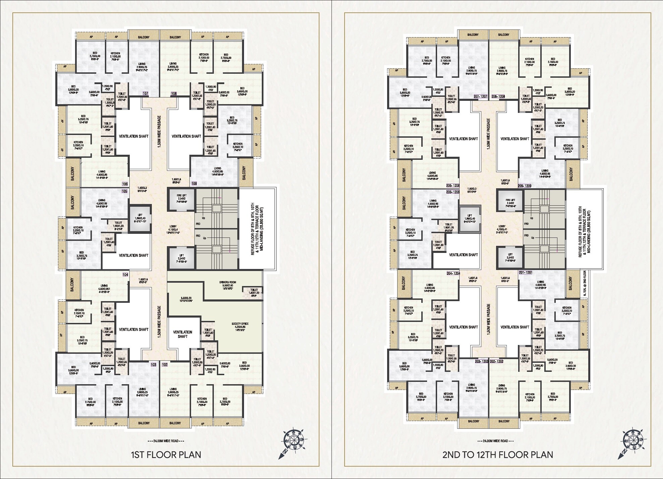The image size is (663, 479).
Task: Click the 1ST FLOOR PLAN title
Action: tap(166, 455)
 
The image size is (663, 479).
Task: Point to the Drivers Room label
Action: tap(228, 282)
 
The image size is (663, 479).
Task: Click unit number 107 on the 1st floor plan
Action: tap(145, 93)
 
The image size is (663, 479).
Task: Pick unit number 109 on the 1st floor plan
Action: tap(194, 184)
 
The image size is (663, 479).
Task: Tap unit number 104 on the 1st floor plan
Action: tap(125, 275)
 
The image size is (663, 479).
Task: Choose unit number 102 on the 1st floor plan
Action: tap(164, 364)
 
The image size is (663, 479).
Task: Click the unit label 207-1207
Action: tap(480, 96)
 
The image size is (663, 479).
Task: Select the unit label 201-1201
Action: tap(525, 272)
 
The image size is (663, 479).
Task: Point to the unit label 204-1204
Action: tap(453, 273)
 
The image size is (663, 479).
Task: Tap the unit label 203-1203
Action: tap(482, 362)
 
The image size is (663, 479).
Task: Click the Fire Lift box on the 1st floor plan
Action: tap(181, 200)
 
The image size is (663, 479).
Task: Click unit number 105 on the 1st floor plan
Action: tap(125, 191)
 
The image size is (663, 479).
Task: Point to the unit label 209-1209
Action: tap(525, 186)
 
